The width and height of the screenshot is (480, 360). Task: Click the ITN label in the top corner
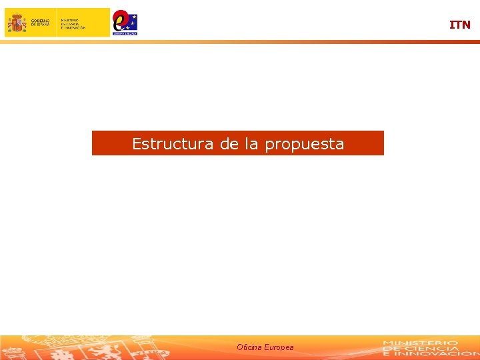pos(459,25)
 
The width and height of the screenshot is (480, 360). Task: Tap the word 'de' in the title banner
pos(229,144)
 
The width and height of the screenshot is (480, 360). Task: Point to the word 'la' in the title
pos(251,144)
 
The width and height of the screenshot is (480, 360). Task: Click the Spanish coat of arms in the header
pos(17,23)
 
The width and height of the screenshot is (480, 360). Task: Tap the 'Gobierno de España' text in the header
pos(40,23)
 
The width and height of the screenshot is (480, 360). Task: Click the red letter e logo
pos(121,20)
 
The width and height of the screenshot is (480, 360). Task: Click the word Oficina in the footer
pos(249,347)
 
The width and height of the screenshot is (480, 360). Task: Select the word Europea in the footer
pos(279,347)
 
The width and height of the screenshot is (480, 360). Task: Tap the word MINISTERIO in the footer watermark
pos(420,343)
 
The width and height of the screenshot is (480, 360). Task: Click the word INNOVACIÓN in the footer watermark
pos(434,354)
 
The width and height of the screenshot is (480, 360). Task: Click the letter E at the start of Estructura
pos(137,144)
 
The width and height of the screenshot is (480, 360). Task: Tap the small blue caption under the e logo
pos(125,32)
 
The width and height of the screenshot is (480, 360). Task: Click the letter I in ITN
pos(451,25)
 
